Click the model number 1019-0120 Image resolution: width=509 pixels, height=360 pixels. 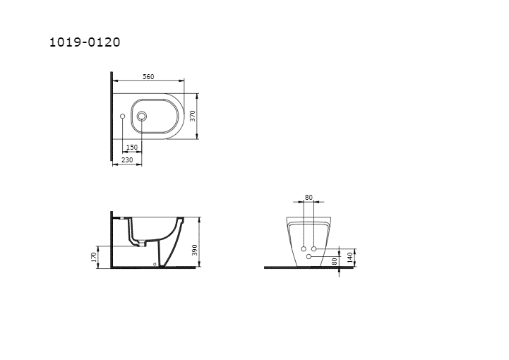pyautogui.click(x=85, y=42)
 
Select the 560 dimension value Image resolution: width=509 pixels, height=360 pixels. pyautogui.click(x=148, y=77)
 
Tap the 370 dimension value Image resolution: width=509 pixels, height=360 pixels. pyautogui.click(x=193, y=116)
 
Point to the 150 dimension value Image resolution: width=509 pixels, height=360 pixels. pyautogui.click(x=132, y=148)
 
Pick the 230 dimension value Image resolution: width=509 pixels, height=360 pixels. pyautogui.click(x=127, y=160)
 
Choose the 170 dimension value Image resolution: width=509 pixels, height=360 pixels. pyautogui.click(x=94, y=257)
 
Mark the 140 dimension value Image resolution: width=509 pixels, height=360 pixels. pyautogui.click(x=349, y=258)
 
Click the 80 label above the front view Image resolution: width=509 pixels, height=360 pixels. pyautogui.click(x=309, y=197)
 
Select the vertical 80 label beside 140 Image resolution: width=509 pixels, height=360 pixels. pyautogui.click(x=335, y=261)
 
